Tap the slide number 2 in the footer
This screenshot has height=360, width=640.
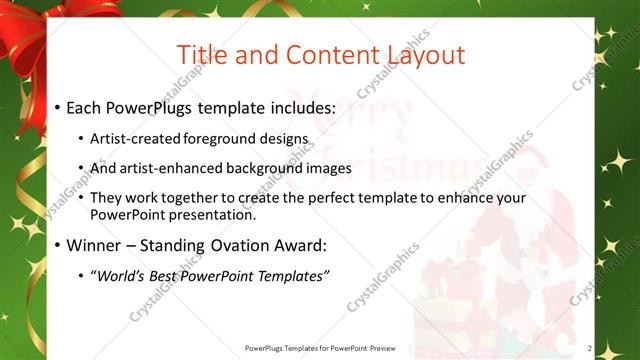coord(590,348)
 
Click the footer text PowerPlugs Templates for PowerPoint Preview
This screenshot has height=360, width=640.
coord(320,348)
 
